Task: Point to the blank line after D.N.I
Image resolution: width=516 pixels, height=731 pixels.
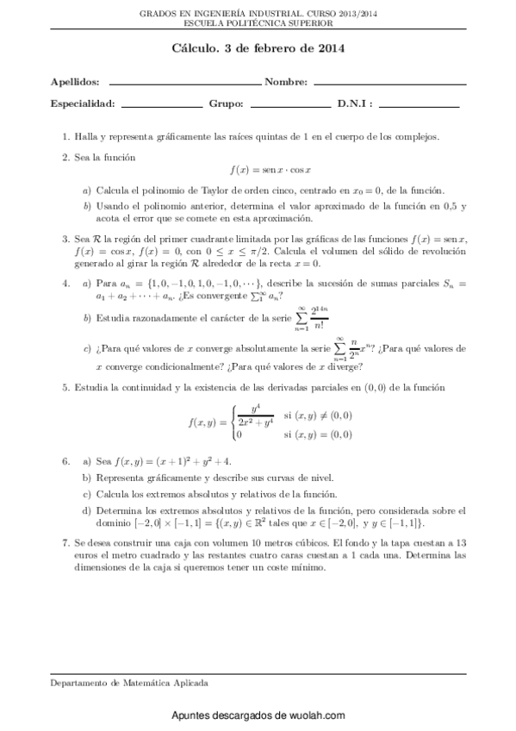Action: [x=419, y=106]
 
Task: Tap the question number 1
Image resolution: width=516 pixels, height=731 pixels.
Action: [x=65, y=136]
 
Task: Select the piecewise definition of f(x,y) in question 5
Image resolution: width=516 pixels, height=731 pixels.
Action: [x=270, y=422]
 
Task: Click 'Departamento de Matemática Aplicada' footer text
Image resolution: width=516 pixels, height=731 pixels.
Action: [x=127, y=682]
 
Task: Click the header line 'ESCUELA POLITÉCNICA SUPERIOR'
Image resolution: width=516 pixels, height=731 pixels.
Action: [x=258, y=23]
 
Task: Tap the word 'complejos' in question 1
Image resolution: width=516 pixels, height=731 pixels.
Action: [x=417, y=136]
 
